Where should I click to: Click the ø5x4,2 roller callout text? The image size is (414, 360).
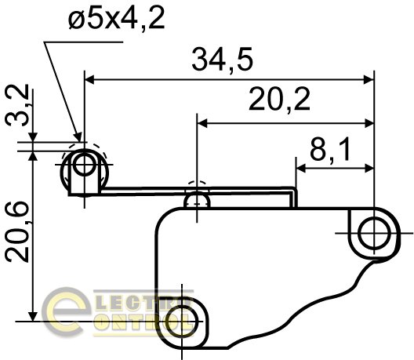[116, 18]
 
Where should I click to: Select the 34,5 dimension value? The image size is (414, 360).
[223, 60]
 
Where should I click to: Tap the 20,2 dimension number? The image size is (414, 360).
[279, 100]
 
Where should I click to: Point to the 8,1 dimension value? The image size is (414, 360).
[330, 149]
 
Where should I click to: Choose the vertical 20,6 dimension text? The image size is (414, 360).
[18, 231]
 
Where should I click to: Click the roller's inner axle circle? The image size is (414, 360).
[84, 165]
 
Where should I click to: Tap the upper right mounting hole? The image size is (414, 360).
[374, 233]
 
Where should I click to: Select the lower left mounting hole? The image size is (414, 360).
[183, 322]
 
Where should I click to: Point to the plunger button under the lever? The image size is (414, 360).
[197, 201]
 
